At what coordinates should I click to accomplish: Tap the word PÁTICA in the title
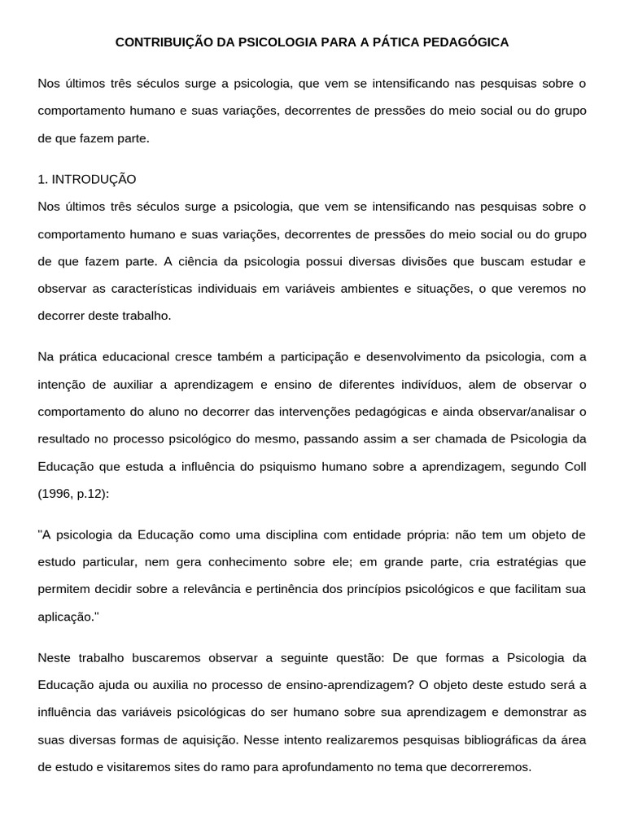coord(396,42)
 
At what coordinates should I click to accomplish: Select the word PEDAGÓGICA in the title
coord(467,42)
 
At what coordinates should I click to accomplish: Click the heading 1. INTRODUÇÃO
coord(87,179)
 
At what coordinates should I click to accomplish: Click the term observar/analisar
coord(522,412)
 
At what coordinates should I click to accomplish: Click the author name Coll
coord(575,467)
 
